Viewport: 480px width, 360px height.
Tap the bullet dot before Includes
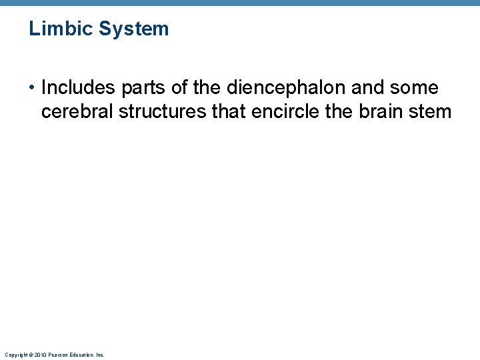point(32,88)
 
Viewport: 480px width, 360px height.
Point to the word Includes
point(79,88)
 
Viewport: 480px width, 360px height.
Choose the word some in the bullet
point(416,88)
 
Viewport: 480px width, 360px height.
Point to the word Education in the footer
point(81,355)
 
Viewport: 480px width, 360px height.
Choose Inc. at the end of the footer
point(99,355)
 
